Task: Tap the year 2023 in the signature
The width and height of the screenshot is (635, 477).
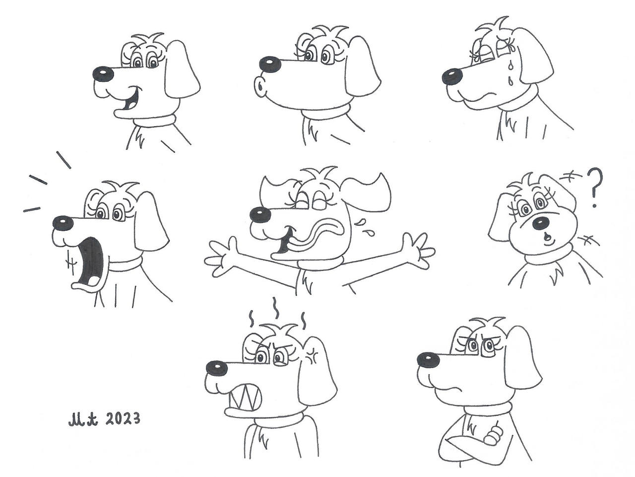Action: (122, 419)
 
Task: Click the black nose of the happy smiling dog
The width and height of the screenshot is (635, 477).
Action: (103, 73)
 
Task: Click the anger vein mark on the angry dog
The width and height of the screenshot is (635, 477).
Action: (311, 355)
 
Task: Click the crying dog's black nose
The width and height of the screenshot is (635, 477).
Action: (452, 76)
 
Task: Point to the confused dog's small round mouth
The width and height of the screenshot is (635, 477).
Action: (546, 237)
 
